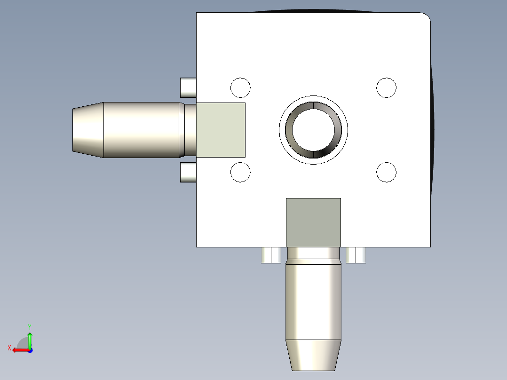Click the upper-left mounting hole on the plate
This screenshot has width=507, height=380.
tap(240, 87)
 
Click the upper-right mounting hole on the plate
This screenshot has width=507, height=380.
tap(387, 87)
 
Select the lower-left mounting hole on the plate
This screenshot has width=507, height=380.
tap(240, 172)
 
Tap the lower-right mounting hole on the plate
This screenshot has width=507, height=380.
tap(387, 172)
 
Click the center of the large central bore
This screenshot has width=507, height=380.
tap(314, 130)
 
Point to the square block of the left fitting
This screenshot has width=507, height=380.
tap(221, 130)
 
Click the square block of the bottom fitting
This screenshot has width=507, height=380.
tap(313, 222)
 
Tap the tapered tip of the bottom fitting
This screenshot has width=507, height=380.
tap(313, 355)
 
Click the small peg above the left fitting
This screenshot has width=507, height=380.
tap(188, 87)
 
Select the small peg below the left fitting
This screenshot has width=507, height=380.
tap(188, 173)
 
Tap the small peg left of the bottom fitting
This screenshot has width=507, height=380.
tap(271, 255)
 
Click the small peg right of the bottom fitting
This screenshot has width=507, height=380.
tap(356, 255)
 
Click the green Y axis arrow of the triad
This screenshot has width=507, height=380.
tap(30, 338)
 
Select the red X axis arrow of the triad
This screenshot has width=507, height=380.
tap(19, 350)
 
